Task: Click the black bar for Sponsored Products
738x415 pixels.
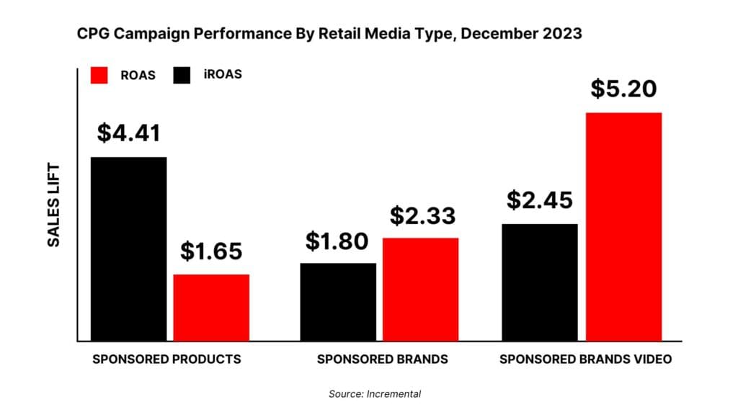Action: (128, 249)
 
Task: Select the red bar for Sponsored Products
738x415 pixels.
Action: (211, 308)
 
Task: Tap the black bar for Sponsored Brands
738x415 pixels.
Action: (338, 302)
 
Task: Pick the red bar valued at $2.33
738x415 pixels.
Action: (420, 289)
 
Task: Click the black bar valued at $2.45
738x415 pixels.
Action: (540, 282)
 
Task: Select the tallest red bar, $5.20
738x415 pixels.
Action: (623, 226)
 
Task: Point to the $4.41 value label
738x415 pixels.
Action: (128, 133)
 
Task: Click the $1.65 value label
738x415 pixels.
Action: (211, 251)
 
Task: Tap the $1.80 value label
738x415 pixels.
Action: (338, 241)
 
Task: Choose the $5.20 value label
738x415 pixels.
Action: (623, 89)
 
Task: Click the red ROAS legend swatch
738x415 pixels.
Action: (99, 75)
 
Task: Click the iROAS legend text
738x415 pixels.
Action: (223, 75)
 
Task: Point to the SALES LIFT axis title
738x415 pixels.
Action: (54, 205)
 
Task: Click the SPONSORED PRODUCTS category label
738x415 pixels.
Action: (166, 359)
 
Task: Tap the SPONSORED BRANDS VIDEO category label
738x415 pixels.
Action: (585, 359)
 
